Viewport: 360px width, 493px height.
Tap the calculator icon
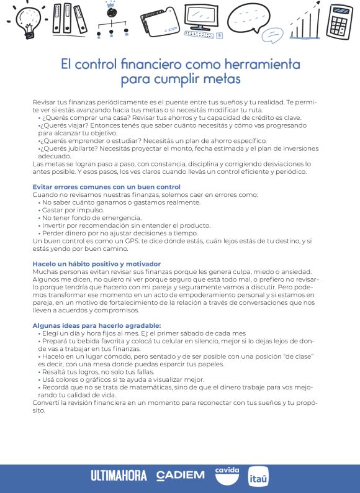[339, 22]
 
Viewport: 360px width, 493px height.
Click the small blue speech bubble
[271, 35]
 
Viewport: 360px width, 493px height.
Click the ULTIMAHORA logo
[119, 476]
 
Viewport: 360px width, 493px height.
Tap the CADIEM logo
[181, 476]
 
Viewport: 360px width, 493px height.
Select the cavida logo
[227, 474]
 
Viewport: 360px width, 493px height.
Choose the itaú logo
[258, 476]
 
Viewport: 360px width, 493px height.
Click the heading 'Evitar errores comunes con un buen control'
[106, 187]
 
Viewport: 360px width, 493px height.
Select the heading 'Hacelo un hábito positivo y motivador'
[96, 264]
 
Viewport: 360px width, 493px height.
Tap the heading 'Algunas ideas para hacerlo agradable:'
[96, 325]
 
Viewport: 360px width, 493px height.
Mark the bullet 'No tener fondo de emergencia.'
[83, 218]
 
